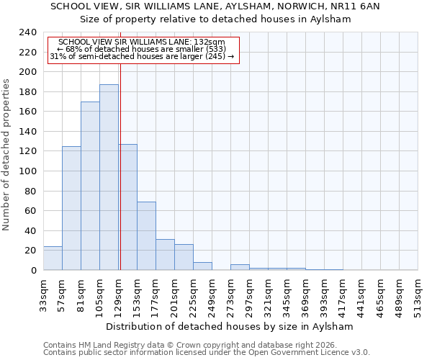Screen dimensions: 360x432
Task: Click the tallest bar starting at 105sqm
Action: tap(109, 177)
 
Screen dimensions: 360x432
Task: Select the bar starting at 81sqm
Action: tap(90, 186)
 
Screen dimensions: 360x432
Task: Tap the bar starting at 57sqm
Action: tap(71, 208)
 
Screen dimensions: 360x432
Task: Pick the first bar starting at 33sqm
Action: tap(53, 258)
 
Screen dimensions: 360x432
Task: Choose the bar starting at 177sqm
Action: tap(165, 254)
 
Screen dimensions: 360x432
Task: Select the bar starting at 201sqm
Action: tap(184, 257)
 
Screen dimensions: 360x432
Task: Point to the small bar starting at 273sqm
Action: tap(240, 267)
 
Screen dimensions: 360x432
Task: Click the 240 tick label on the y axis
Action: tap(27, 32)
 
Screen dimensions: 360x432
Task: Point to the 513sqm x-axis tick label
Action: tap(418, 293)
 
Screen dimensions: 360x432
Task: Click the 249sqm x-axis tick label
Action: tap(212, 293)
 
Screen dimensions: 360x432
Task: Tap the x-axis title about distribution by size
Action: tap(230, 326)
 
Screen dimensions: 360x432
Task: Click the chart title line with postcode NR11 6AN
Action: tap(215, 6)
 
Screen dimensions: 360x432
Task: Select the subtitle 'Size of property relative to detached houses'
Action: tap(215, 19)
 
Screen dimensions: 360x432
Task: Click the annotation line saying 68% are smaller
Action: tap(142, 49)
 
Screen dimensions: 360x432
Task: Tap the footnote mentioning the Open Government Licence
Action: tap(207, 353)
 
